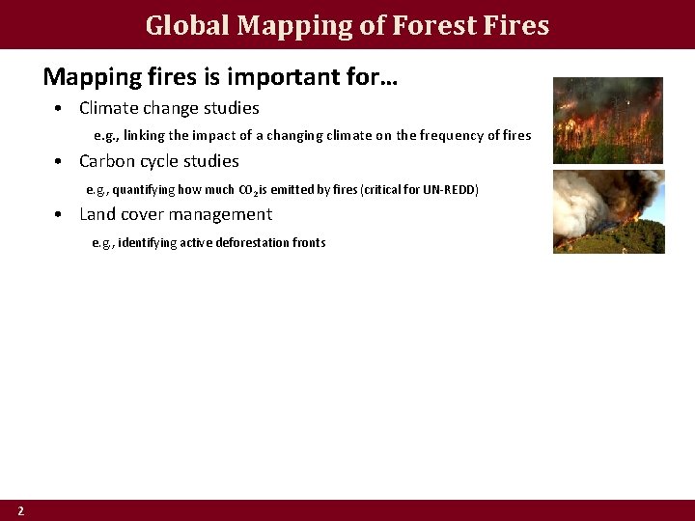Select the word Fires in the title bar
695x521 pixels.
(x=514, y=25)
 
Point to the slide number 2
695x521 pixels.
(x=20, y=510)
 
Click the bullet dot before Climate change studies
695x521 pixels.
(x=60, y=109)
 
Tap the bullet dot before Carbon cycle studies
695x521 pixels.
(x=60, y=162)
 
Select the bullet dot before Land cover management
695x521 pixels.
(x=60, y=215)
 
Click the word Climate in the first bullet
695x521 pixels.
(x=108, y=108)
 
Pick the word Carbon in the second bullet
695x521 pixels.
(x=107, y=161)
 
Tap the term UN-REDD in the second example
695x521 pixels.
(x=450, y=189)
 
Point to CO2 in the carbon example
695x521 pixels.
(x=246, y=190)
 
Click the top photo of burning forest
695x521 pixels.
(x=607, y=120)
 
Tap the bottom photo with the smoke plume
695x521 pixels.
(x=608, y=211)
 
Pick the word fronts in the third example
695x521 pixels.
(x=309, y=243)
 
